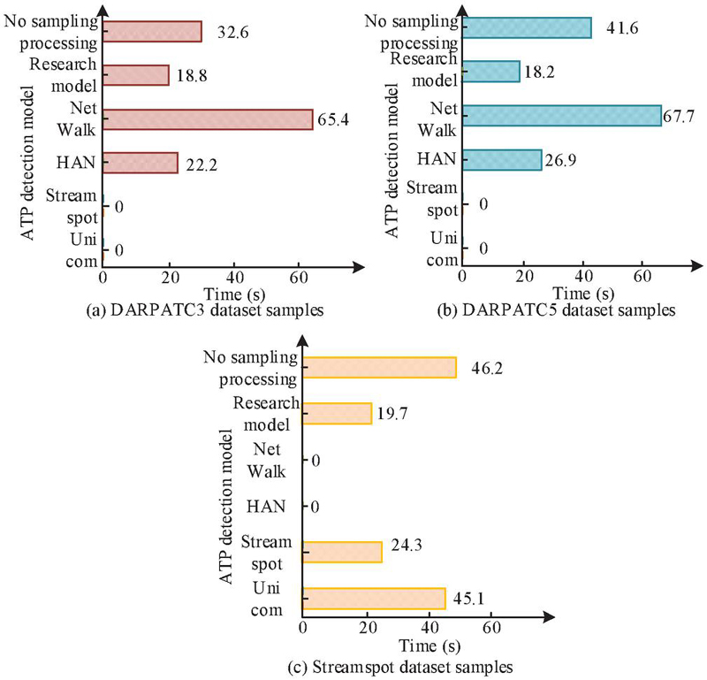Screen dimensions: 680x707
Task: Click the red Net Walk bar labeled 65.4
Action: pos(208,119)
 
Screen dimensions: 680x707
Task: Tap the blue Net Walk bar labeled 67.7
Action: pos(561,116)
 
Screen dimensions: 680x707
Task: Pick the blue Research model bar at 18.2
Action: pos(490,72)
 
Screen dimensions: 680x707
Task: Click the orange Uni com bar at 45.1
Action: pos(374,599)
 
